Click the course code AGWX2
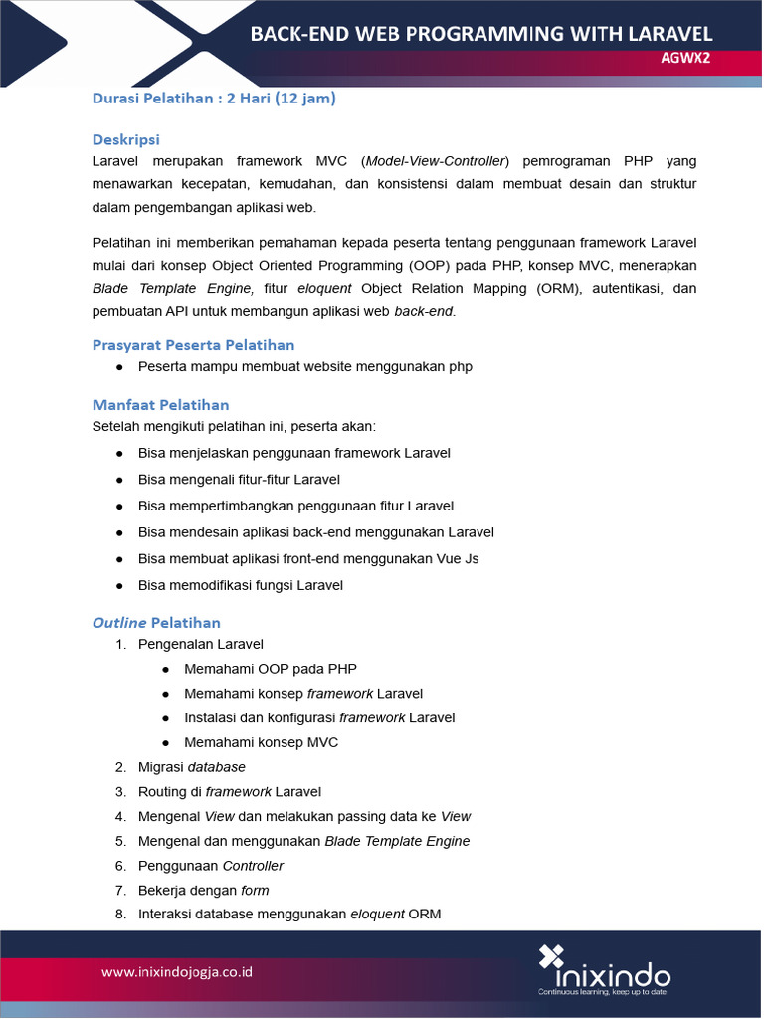click(x=686, y=58)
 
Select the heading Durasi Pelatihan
click(x=156, y=98)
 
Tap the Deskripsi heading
click(x=125, y=139)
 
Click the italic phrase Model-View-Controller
click(x=436, y=161)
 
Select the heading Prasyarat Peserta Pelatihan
click(x=193, y=345)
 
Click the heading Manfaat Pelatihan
click(x=160, y=404)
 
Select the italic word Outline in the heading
click(x=118, y=623)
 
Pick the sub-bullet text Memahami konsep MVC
click(x=261, y=742)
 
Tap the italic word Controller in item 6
click(x=253, y=866)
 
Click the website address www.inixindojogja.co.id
click(x=177, y=970)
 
